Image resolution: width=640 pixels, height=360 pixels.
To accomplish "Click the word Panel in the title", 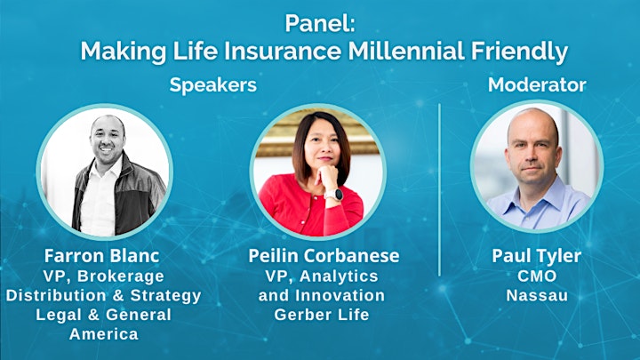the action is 316,23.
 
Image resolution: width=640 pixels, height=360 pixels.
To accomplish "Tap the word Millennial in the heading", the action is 406,52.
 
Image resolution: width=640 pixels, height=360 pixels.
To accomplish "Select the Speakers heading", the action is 213,85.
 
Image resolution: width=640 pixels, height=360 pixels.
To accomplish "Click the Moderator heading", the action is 537,85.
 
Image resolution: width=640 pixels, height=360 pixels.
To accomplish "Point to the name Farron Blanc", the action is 101,256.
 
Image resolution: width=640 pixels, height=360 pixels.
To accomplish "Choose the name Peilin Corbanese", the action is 324,256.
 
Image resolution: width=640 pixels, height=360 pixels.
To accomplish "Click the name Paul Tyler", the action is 536,256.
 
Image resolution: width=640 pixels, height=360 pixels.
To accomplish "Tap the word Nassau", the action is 537,295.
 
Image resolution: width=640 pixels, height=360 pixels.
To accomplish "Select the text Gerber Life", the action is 322,315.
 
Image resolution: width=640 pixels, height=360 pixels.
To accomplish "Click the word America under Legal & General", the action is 104,334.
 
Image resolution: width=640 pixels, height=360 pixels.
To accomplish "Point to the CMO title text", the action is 537,276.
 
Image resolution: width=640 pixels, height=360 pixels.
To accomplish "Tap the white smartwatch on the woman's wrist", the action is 334,195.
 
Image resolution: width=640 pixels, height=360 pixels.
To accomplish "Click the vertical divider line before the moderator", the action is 439,190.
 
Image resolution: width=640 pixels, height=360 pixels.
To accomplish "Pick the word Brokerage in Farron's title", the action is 120,276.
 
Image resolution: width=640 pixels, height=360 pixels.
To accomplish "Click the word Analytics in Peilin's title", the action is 339,276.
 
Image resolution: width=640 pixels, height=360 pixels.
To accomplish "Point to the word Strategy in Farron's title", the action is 165,296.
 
